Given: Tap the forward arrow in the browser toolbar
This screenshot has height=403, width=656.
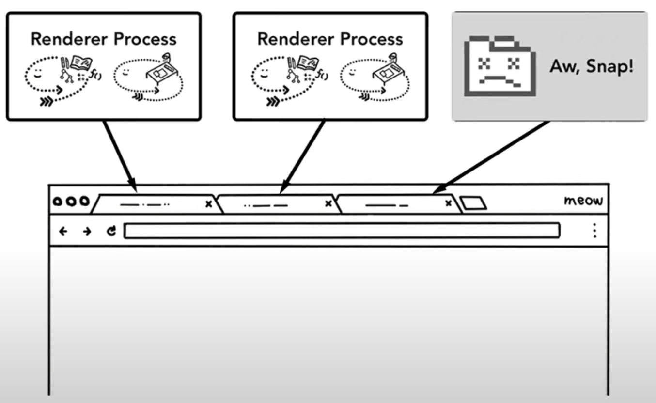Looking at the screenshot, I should [87, 232].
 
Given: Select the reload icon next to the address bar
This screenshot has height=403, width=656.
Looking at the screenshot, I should [112, 232].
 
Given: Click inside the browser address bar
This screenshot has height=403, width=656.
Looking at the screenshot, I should [342, 231].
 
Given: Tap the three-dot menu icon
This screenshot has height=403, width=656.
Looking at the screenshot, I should [594, 231].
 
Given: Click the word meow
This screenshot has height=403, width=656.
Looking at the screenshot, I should [583, 200].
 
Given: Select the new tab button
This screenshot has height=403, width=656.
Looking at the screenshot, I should [473, 203].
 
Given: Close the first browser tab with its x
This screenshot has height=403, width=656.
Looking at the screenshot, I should [209, 204].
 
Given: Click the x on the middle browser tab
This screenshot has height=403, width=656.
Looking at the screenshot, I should [328, 204].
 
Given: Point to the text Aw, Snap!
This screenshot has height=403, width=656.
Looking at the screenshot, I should [591, 66].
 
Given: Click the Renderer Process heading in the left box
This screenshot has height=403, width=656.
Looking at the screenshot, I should [103, 39].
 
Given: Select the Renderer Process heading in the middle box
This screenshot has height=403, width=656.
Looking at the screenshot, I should [330, 39].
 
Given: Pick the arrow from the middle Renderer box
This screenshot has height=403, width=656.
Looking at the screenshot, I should [303, 155].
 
